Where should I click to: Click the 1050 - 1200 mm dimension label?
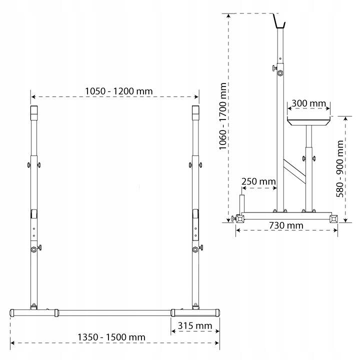[x=118, y=91]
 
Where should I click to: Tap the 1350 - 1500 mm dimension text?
[x=111, y=337]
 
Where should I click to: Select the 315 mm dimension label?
[x=195, y=326]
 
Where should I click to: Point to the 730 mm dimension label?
[x=286, y=225]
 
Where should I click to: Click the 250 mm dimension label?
[x=258, y=181]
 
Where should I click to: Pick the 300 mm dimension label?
[x=309, y=103]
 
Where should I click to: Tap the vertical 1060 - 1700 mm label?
[x=222, y=116]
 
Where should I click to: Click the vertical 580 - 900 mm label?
[x=340, y=169]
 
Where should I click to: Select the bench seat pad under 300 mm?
[x=309, y=121]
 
